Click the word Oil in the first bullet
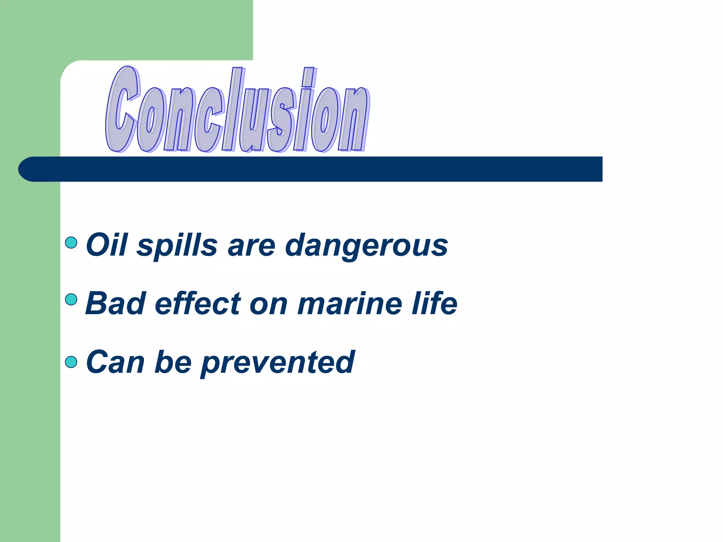coord(106,245)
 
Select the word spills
coord(177,246)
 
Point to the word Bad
coord(115,303)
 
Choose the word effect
coord(198,303)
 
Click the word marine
coord(349,303)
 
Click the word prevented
coord(278,362)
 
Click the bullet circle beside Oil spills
coord(71,243)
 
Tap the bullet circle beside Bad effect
coord(71,300)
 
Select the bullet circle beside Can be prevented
coord(71,362)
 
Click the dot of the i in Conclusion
coord(309,77)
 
